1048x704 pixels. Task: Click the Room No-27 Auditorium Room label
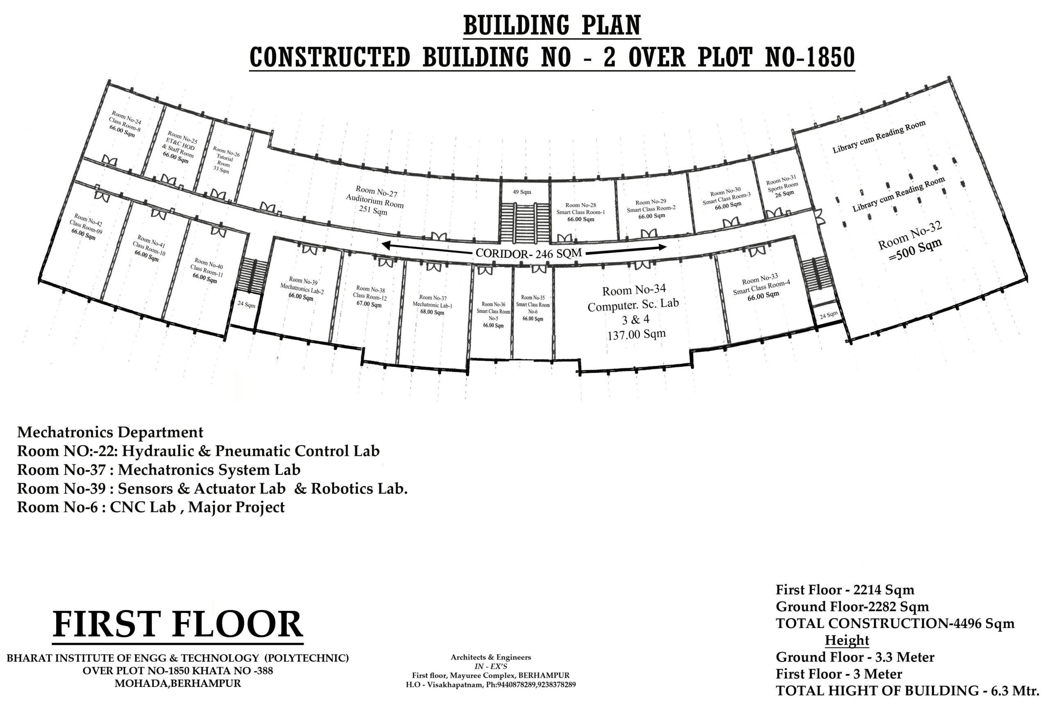[x=375, y=200]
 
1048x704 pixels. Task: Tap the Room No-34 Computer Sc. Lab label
[x=634, y=312]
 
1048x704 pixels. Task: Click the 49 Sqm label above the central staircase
[x=522, y=192]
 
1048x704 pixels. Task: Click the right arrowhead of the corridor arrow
[x=662, y=247]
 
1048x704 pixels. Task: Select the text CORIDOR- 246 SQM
[x=529, y=253]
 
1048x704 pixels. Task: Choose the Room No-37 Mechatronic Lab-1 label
[x=433, y=305]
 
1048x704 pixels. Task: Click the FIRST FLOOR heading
[x=178, y=625]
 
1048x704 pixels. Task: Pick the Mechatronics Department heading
[x=110, y=432]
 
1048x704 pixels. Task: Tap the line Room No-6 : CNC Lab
[x=151, y=507]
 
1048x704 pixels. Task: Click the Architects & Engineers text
[x=490, y=657]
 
